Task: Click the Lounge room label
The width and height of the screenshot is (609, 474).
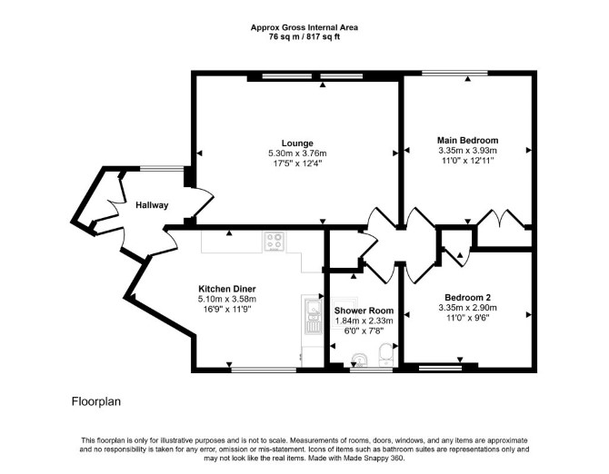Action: tap(297, 143)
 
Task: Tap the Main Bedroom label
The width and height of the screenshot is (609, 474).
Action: tap(467, 140)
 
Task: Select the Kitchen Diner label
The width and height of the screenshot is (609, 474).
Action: tap(227, 289)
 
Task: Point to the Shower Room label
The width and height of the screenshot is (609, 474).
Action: tap(364, 311)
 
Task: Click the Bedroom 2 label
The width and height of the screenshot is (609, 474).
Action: tap(467, 298)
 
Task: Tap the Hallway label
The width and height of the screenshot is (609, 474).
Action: tap(152, 205)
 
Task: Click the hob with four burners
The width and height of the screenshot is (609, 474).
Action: tap(275, 242)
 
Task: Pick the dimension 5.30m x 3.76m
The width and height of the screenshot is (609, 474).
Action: tap(297, 153)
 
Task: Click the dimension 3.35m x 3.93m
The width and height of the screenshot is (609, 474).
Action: tap(467, 151)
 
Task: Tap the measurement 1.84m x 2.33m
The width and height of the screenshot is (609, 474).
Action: tap(364, 321)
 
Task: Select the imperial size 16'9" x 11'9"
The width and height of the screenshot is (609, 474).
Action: tap(227, 310)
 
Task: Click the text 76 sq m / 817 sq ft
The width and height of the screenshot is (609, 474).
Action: tap(304, 37)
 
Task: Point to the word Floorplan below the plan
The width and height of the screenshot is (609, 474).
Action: tap(96, 401)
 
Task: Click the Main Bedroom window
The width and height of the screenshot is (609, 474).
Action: tap(454, 73)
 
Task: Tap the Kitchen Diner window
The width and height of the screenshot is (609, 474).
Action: tap(264, 370)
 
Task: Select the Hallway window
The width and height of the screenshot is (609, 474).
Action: tap(162, 168)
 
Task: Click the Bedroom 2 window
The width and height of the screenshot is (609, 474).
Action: tap(441, 368)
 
